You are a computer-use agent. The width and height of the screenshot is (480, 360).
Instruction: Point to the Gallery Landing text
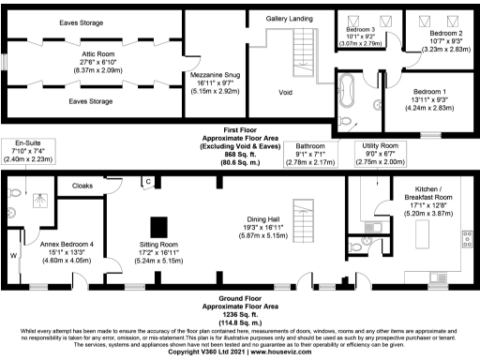(x=289, y=18)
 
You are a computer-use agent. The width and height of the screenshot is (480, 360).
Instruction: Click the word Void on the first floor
(x=286, y=92)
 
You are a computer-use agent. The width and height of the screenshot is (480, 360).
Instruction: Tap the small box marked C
(x=147, y=181)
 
